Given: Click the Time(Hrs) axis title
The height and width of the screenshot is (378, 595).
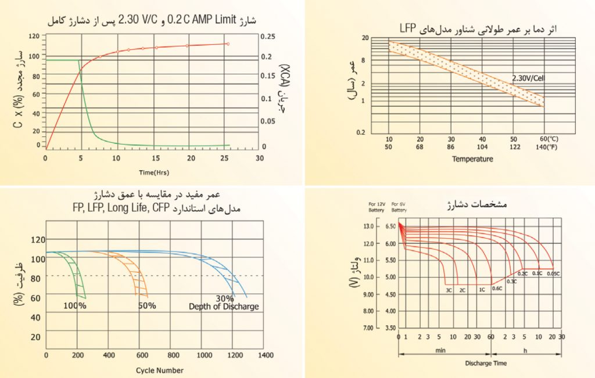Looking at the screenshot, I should pos(153,172).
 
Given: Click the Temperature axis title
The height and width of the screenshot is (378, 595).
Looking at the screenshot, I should pos(472,159).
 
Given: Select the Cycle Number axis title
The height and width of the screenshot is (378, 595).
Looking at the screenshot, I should pos(159,370).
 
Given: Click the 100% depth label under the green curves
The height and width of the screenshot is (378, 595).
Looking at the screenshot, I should pos(75,306).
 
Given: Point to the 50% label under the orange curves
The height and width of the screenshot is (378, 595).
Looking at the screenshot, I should pos(147,306).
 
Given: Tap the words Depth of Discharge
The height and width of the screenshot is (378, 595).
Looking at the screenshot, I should pos(224,307).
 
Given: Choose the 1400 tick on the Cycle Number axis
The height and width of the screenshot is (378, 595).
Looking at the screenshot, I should pos(266,354).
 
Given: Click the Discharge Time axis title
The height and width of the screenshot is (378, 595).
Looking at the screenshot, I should pos(485,363).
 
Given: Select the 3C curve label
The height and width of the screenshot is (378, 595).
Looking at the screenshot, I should pos(449,289).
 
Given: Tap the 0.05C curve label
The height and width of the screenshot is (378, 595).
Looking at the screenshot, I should pos(553,273).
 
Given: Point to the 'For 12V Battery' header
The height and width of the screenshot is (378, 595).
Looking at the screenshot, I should pos(376,207).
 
